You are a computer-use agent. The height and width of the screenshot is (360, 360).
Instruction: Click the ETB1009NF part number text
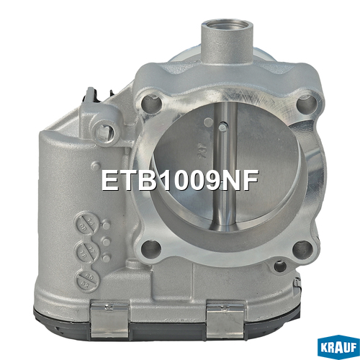[x=180, y=181]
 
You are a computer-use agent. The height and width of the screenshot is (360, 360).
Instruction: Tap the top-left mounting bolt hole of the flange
[x=151, y=104]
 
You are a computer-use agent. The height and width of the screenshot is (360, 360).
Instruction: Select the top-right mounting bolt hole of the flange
[x=307, y=103]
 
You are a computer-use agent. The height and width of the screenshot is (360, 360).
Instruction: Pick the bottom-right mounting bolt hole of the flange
[x=303, y=250]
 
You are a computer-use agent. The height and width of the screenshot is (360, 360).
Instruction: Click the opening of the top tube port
[x=227, y=25]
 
